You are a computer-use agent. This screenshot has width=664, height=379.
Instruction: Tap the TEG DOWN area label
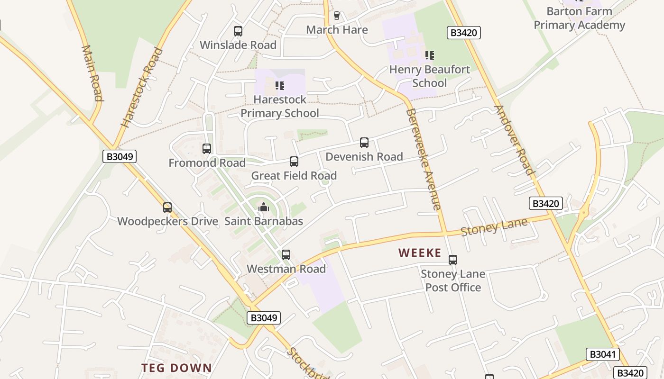coord(176,368)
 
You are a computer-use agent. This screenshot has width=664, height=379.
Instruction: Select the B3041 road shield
coord(602,354)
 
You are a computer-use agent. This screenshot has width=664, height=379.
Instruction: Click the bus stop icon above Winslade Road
coord(238,31)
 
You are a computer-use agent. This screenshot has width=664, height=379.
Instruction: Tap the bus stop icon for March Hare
coord(337,16)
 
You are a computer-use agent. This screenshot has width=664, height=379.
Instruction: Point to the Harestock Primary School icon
coord(280,86)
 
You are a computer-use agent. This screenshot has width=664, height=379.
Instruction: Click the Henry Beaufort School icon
coord(430,55)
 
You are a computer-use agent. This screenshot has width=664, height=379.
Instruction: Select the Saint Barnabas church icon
coord(263,207)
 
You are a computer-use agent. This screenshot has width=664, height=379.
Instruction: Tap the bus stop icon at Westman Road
coord(286,255)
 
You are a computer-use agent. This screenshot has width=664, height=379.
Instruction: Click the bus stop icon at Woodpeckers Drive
coord(167,208)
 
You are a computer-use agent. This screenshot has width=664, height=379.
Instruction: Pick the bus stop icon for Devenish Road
coord(364,143)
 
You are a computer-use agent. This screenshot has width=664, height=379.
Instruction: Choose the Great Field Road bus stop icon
coord(294,162)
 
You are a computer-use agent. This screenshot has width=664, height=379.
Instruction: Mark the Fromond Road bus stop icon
coord(207,149)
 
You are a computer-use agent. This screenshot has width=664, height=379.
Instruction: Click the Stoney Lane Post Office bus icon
coord(453,260)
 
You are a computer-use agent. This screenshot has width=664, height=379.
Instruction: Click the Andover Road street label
coord(514,140)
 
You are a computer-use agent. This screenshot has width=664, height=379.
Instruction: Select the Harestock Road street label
coord(141,88)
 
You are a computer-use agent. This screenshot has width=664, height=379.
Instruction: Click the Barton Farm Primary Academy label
coord(579,18)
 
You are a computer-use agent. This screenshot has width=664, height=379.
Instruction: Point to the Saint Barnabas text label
coord(263,221)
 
